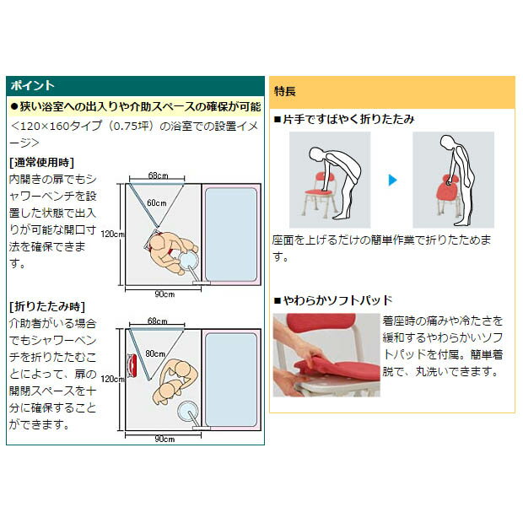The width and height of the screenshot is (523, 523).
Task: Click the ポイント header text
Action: tap(32, 85)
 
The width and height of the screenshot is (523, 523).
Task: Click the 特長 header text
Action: tap(284, 91)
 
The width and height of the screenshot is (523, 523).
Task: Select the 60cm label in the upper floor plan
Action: tap(156, 202)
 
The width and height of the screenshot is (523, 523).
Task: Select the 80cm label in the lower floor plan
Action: tap(155, 353)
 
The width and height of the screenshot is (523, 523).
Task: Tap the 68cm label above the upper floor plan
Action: tap(158, 175)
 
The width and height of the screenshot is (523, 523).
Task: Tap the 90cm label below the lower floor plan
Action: tap(164, 439)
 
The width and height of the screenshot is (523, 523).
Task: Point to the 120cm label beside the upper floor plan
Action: tap(112, 234)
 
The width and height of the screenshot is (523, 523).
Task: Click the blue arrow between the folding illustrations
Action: tap(392, 181)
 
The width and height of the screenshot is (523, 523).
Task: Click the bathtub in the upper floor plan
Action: tap(231, 235)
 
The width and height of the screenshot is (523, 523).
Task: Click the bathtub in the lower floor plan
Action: tap(231, 380)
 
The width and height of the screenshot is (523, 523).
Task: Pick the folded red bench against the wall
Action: tap(132, 365)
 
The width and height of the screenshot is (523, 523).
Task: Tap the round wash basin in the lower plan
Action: tap(188, 411)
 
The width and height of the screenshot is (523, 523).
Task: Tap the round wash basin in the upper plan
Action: tap(188, 260)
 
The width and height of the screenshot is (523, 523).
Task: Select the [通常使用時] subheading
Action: tap(41, 163)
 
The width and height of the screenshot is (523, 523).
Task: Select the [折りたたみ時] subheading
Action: tap(47, 306)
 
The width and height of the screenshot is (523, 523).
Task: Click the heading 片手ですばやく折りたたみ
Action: tap(344, 119)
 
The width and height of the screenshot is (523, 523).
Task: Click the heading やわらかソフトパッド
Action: tap(333, 300)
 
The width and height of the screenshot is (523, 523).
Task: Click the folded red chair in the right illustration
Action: tap(449, 191)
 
